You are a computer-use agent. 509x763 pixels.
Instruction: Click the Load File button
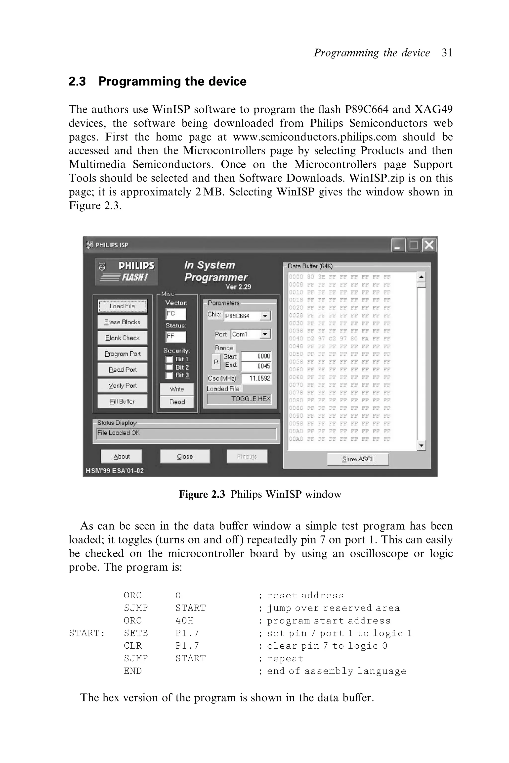pos(122,306)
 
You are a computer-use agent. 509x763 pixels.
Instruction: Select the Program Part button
pos(122,354)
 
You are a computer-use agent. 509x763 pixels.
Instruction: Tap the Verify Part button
pos(122,385)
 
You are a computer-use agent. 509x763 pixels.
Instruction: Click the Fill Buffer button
pos(122,401)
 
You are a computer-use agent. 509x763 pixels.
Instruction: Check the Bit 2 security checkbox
pos(169,367)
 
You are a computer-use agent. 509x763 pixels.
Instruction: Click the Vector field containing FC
pos(176,314)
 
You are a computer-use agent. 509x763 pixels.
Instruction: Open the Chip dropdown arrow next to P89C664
pos(265,316)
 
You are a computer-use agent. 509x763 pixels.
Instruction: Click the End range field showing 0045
pos(256,366)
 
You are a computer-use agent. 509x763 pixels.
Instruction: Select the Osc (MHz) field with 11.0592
pos(256,379)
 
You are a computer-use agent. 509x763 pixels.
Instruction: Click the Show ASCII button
pos(358,459)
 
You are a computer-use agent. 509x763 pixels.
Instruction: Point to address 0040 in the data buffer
pos(296,338)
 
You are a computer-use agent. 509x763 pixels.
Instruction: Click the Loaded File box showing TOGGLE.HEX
pos(239,399)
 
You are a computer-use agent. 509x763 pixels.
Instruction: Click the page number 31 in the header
pos(447,53)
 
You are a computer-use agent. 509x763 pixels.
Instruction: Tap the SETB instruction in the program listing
pos(136,633)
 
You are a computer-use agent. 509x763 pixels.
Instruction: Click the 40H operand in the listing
pos(184,620)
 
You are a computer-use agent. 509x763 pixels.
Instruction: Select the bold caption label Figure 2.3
pos(202,494)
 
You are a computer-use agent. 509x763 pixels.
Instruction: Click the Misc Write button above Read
pos(177,389)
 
